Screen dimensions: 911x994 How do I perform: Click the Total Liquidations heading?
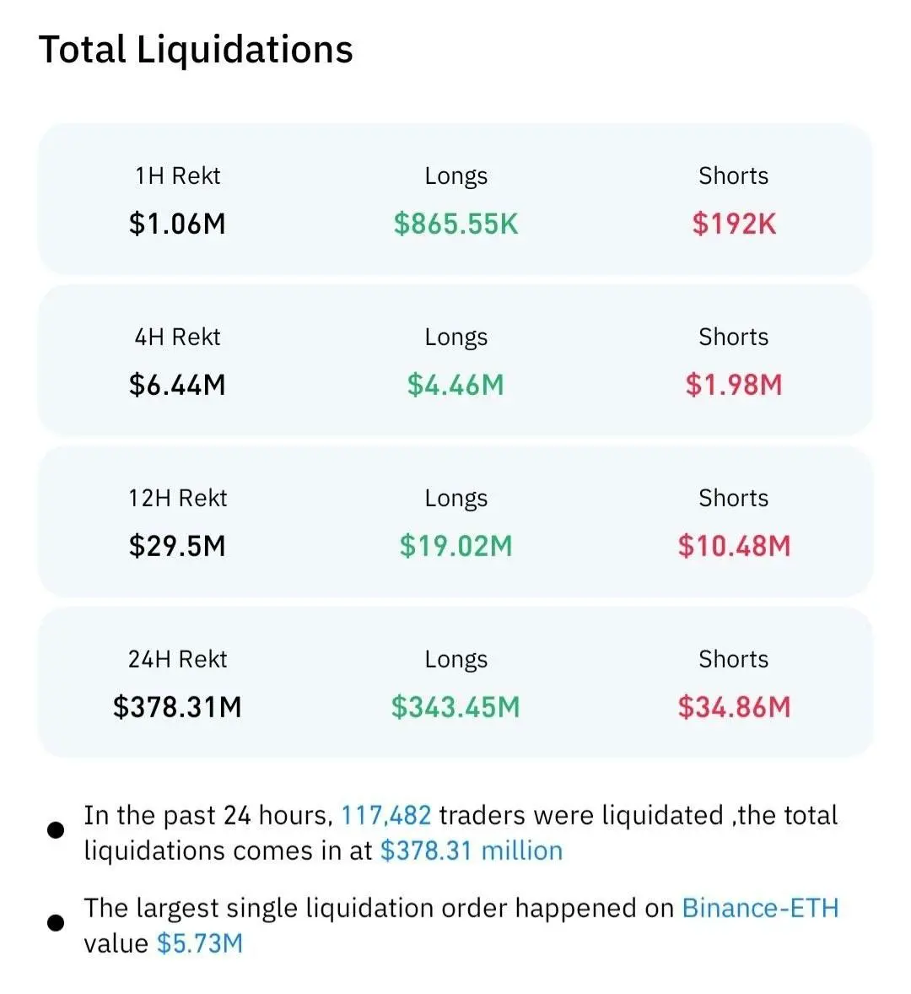point(196,50)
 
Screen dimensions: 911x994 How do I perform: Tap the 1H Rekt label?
point(177,176)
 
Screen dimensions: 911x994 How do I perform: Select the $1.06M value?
point(177,224)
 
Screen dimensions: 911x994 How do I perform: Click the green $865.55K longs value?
point(456,224)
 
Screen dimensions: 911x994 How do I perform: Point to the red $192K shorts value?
point(734,224)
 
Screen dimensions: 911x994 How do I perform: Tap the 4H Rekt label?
point(177,337)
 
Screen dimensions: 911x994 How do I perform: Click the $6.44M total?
point(177,385)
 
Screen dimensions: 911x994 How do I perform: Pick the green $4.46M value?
point(456,385)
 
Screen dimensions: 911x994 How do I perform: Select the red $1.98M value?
point(734,385)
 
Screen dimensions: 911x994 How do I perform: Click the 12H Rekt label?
point(177,498)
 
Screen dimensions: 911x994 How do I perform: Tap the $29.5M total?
point(177,546)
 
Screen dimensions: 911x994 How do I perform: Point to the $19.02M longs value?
point(456,546)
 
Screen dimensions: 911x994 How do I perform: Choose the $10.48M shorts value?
point(734,546)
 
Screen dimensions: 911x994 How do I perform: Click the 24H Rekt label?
point(177,659)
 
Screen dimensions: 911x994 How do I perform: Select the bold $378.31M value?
point(177,707)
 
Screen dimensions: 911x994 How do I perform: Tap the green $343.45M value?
point(456,707)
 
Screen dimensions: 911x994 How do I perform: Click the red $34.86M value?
point(734,707)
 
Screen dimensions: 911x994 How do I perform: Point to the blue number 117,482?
point(386,815)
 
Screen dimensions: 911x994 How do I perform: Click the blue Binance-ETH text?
point(760,908)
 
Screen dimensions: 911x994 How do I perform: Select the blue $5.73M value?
point(200,943)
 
